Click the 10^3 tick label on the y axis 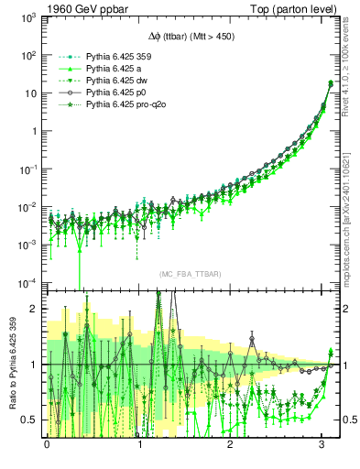pyautogui.click(x=29, y=17)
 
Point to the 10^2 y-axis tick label pyautogui.click(x=29, y=55)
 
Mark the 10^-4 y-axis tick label pyautogui.click(x=28, y=281)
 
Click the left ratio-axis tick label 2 pyautogui.click(x=35, y=309)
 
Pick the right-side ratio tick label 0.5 pyautogui.click(x=347, y=420)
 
